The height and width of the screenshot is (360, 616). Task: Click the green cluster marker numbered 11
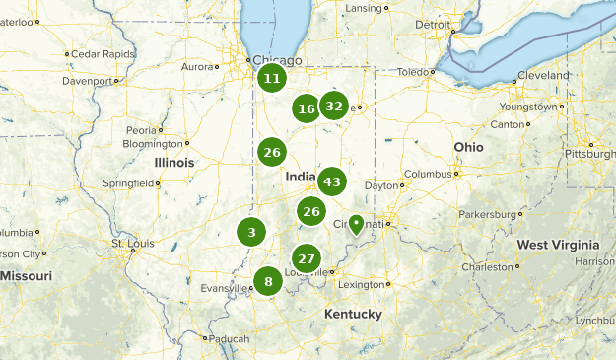pos(272,79)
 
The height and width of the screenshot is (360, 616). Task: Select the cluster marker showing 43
pos(332,181)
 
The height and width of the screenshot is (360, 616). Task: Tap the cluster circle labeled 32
pos(334,107)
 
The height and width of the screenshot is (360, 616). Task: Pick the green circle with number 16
pos(307,108)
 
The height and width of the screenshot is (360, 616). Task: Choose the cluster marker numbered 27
pos(308,258)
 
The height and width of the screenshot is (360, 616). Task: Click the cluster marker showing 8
pos(267,281)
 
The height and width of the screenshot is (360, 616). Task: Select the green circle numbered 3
pos(251,233)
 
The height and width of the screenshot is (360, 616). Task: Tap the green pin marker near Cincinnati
pos(356,223)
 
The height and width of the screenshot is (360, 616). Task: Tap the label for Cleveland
pos(542,75)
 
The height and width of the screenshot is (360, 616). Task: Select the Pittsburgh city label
pos(589,154)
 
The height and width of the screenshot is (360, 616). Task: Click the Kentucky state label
pos(353,314)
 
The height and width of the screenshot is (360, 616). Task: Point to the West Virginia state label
pos(558,245)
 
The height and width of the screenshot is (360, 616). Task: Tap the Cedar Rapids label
pos(101,53)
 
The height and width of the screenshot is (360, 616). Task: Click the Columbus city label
pos(427,174)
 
